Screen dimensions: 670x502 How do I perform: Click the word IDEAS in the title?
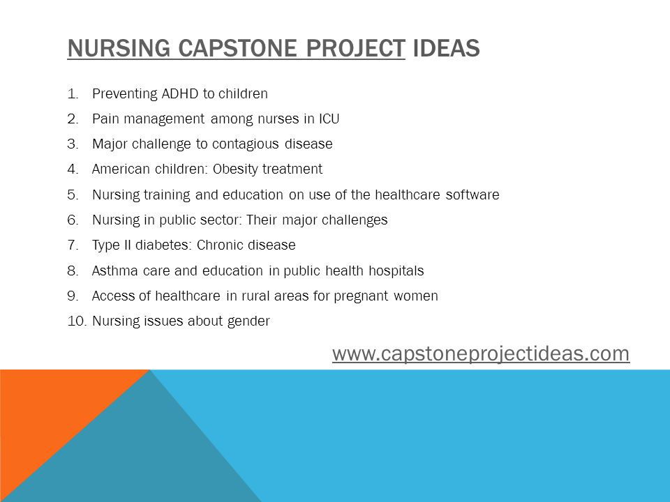click(x=446, y=48)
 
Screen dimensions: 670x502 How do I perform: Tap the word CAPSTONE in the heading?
click(x=237, y=48)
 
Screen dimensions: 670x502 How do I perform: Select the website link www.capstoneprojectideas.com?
click(x=481, y=353)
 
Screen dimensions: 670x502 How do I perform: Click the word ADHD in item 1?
click(x=179, y=93)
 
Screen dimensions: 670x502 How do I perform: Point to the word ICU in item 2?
click(x=329, y=119)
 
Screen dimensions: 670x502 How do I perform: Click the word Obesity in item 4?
click(x=235, y=169)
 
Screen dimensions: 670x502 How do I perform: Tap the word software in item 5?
click(x=472, y=195)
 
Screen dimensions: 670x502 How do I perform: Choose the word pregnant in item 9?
click(x=361, y=296)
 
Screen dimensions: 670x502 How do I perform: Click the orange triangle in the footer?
click(x=47, y=414)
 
